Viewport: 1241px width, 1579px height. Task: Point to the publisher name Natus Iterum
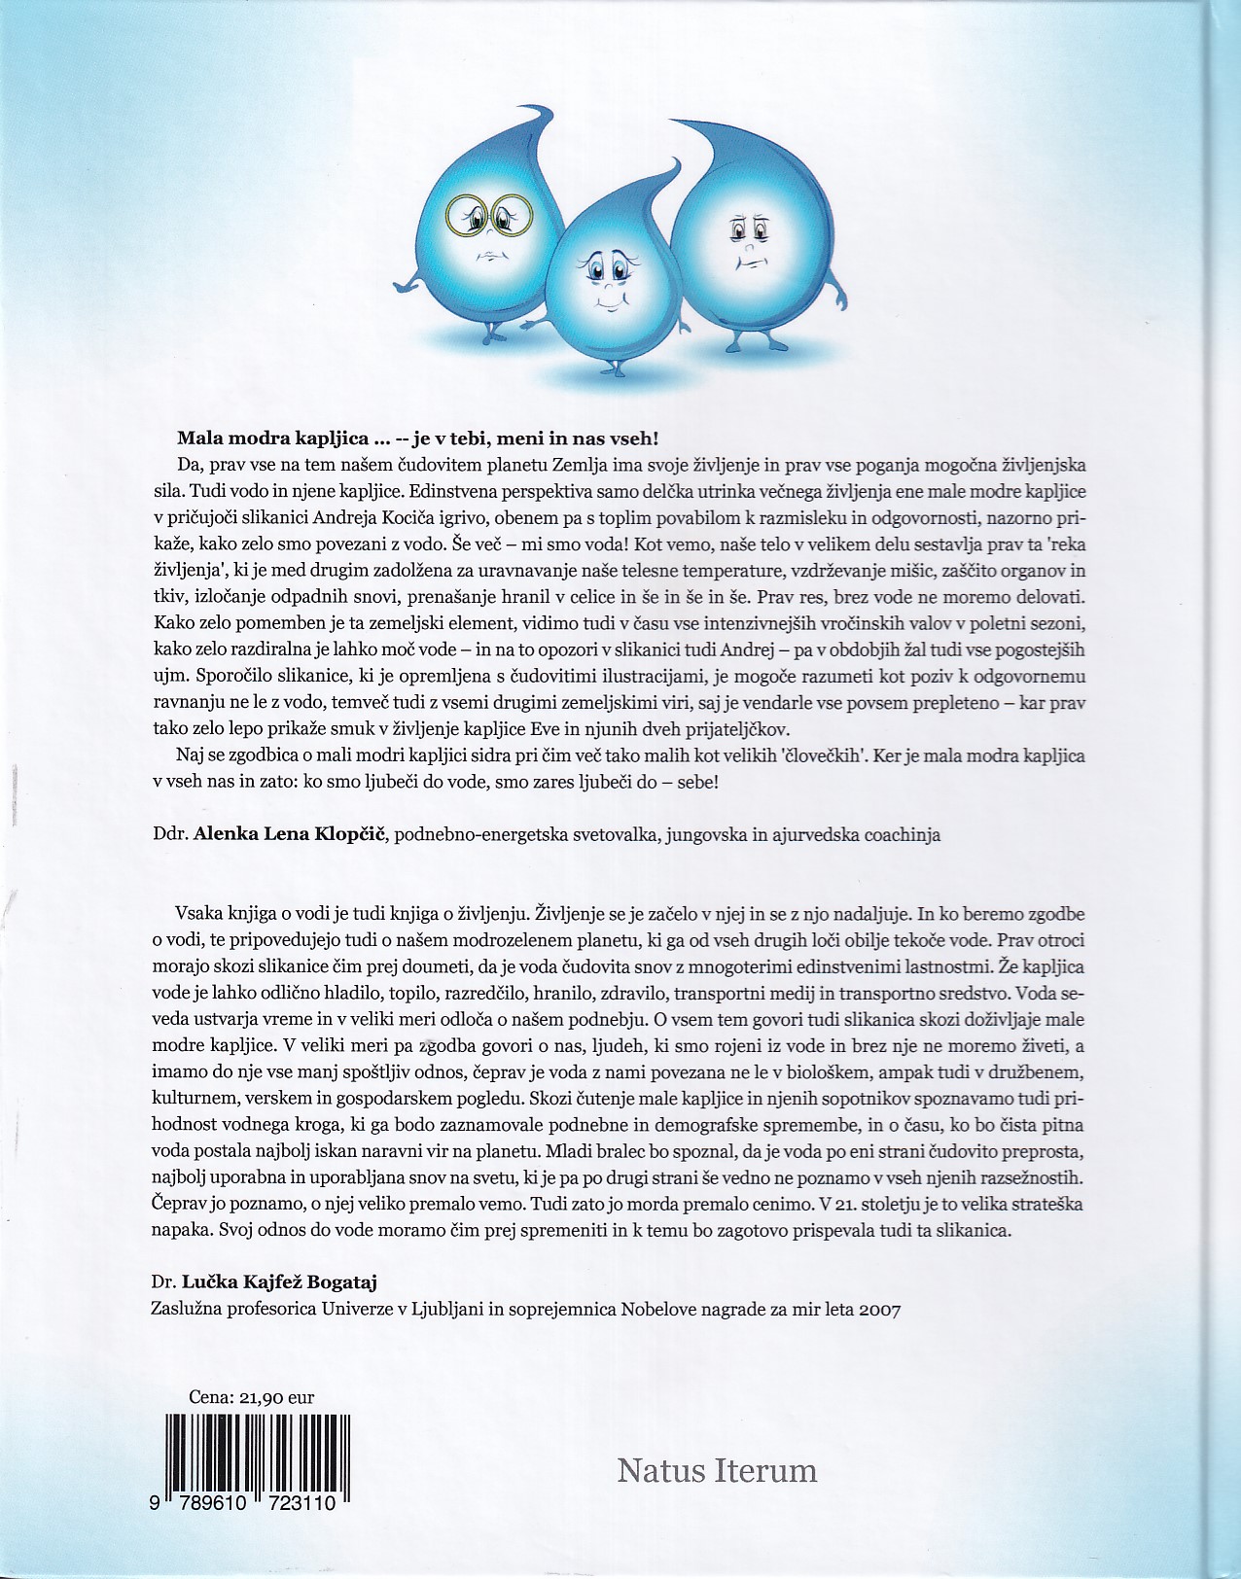[x=717, y=1469]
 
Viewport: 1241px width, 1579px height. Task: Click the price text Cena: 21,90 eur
[x=252, y=1397]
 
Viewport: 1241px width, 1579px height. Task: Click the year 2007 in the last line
[x=880, y=1309]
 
